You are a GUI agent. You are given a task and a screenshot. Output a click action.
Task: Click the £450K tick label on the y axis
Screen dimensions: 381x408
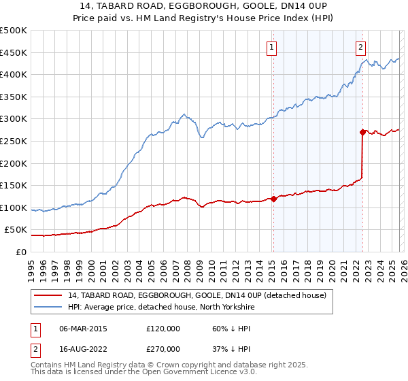(x=14, y=52)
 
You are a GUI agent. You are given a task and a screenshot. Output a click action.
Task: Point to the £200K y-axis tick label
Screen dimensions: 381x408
(x=14, y=163)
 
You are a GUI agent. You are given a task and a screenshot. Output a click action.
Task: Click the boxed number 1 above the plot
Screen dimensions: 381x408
(x=272, y=47)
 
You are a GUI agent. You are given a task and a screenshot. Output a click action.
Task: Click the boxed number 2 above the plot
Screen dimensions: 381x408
(x=360, y=47)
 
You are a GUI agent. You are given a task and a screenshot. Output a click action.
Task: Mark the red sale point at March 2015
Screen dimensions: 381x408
(x=273, y=199)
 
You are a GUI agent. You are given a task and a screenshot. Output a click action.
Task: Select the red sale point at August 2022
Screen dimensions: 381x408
(x=362, y=133)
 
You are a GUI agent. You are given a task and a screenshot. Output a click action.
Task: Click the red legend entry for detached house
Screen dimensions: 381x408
(x=197, y=295)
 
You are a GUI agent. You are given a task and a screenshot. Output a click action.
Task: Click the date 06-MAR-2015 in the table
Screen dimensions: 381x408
(x=84, y=329)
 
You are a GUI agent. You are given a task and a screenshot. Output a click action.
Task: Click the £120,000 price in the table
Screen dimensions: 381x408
(x=163, y=329)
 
